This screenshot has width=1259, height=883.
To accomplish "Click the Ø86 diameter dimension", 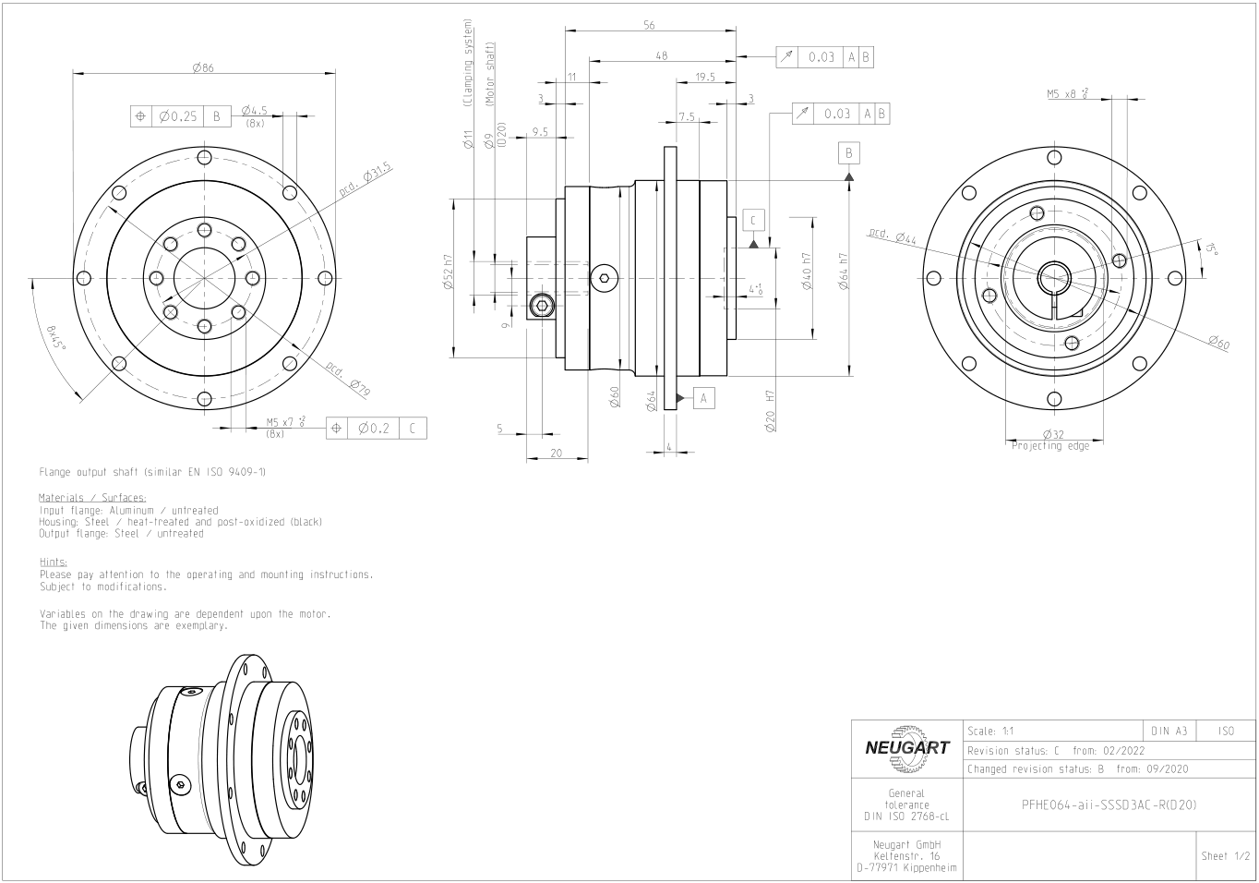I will [204, 67].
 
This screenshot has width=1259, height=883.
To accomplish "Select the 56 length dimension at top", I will [650, 26].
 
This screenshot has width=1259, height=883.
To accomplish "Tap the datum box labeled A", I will [703, 398].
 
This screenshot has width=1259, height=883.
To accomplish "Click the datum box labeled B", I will [849, 153].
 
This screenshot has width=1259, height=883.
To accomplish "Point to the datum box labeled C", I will [753, 221].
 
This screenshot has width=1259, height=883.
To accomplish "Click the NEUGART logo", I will [906, 749].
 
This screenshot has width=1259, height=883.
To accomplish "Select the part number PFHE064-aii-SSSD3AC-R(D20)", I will [1109, 804].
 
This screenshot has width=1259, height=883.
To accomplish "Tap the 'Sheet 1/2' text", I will [1226, 856].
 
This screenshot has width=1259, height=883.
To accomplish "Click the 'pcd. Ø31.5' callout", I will [366, 179].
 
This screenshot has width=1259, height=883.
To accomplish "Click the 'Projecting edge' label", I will [1050, 446].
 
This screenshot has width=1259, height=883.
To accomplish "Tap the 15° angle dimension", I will [1212, 248].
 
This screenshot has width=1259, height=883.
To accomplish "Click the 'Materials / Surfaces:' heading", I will [92, 498].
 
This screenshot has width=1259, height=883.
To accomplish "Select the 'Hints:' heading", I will [53, 562].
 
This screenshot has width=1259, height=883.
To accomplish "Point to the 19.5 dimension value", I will [705, 78].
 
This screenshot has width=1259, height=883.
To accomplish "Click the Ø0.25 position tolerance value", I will [177, 116].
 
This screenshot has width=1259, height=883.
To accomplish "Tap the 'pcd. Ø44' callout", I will [892, 236].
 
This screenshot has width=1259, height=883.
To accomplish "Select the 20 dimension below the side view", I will [557, 453].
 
